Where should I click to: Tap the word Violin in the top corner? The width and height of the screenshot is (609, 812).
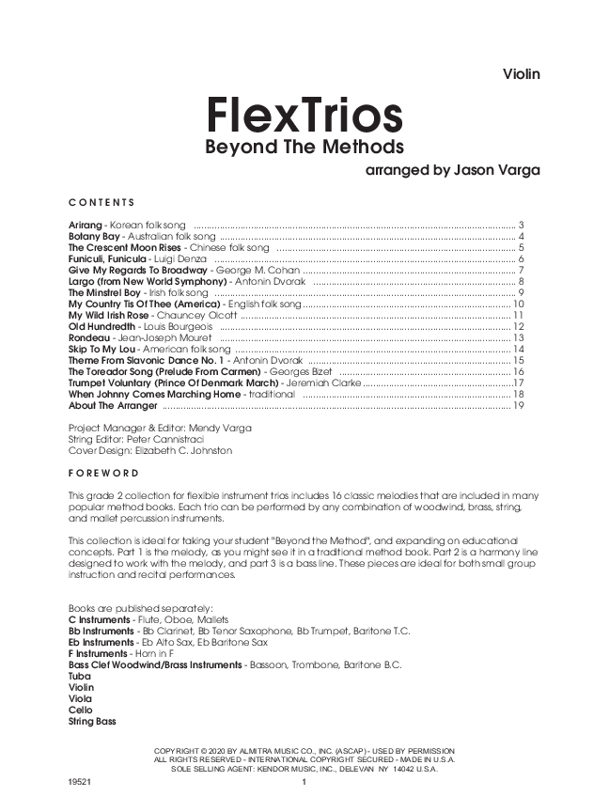pos(522,73)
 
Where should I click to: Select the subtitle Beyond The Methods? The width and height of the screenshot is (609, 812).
pos(304,148)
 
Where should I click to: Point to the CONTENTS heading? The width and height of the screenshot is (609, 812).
pos(101,202)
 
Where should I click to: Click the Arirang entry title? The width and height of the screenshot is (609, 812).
pos(86,226)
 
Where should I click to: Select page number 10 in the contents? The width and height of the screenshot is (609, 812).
pos(518,304)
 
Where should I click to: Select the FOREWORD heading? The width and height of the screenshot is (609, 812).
pos(103,473)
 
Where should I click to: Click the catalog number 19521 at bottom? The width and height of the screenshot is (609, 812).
pos(81,782)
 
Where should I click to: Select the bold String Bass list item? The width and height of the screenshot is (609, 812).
pos(92,722)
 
